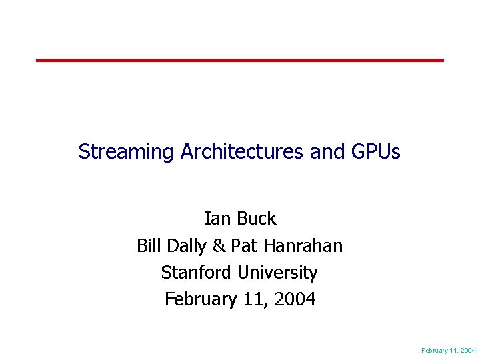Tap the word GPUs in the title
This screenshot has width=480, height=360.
point(375,152)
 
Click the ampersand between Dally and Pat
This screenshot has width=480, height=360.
point(219,246)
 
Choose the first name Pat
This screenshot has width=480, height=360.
point(245,246)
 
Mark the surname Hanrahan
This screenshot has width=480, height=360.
point(303,246)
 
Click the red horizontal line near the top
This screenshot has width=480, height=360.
point(240,60)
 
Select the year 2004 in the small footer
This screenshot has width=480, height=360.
point(467,350)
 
